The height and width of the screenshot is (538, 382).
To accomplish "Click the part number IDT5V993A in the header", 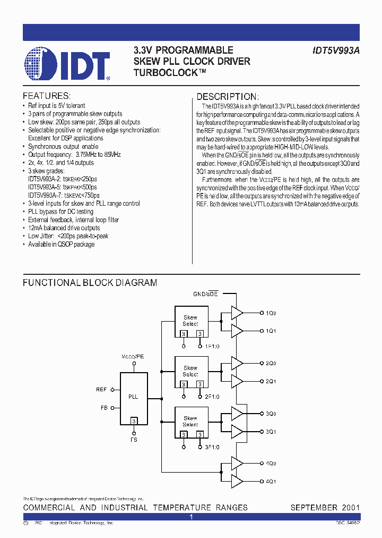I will click(x=336, y=51).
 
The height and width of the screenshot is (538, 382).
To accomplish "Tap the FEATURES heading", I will click(x=47, y=96).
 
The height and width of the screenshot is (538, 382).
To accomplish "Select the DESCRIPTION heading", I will click(x=228, y=97).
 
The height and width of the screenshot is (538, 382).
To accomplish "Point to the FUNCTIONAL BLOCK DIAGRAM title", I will click(x=90, y=283).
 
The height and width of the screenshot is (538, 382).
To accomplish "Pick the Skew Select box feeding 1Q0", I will click(x=190, y=321).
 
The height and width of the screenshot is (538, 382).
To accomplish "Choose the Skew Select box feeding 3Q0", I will click(x=190, y=422).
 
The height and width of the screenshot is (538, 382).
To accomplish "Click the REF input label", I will click(x=102, y=390).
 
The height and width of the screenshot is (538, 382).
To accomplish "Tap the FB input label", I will click(x=104, y=408).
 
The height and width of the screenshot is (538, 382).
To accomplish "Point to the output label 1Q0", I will click(x=271, y=313).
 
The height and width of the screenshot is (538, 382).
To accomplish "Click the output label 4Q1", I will click(x=271, y=482).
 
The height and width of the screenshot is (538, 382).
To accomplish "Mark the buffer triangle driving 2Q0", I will click(x=237, y=364).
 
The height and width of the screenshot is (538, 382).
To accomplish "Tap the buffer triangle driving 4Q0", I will click(x=237, y=464).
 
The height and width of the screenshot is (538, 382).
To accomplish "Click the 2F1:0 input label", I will click(x=212, y=397).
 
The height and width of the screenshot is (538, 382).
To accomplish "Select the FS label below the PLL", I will click(x=134, y=440).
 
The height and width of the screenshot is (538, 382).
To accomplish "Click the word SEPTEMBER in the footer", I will click(x=313, y=507).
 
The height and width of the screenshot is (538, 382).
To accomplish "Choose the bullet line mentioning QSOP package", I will click(x=61, y=245).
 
